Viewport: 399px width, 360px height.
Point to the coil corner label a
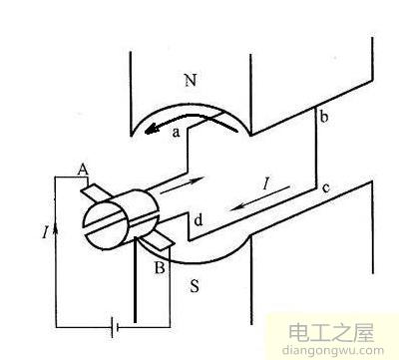175,130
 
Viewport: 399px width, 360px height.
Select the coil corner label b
322,119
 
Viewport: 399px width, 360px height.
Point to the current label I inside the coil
264,183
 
